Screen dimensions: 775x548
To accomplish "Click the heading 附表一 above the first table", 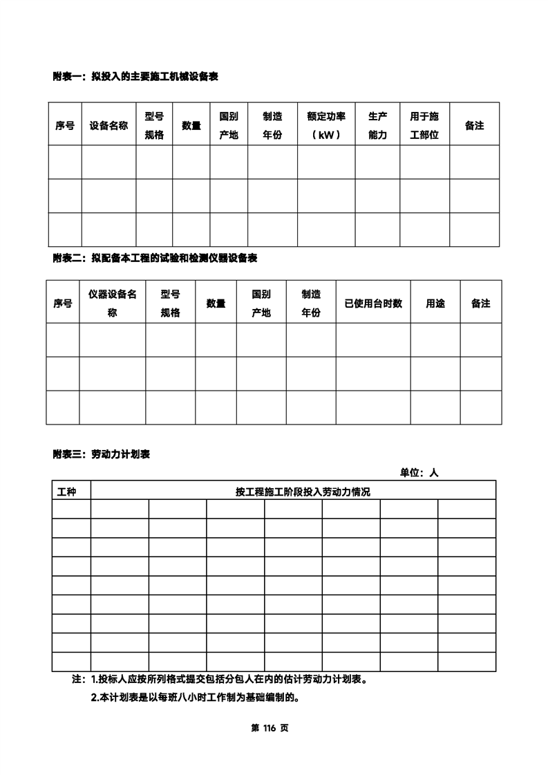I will [135, 77].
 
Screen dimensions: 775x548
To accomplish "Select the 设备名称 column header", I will [108, 125].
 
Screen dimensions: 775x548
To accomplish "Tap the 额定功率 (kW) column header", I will [326, 125].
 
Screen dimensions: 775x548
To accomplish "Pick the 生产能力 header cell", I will [377, 125].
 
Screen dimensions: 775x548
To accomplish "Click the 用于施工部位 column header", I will [424, 125].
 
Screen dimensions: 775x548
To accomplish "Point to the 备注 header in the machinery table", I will [474, 125].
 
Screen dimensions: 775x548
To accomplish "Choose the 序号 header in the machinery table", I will [65, 125].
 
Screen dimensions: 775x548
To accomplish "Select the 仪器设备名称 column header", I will [112, 303].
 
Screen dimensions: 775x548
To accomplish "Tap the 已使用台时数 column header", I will [373, 303].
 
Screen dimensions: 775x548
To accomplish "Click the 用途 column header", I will [435, 303].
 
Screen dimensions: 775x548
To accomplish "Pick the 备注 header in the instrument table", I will [480, 303].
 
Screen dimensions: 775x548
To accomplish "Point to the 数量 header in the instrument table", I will [216, 303].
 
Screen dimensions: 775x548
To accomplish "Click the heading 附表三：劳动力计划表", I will [102, 454].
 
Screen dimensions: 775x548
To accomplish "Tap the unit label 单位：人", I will [419, 473].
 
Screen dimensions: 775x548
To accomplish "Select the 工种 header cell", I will [66, 492].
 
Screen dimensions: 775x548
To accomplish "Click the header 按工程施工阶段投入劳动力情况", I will [293, 492].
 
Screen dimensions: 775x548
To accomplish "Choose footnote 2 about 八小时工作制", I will [194, 697].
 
